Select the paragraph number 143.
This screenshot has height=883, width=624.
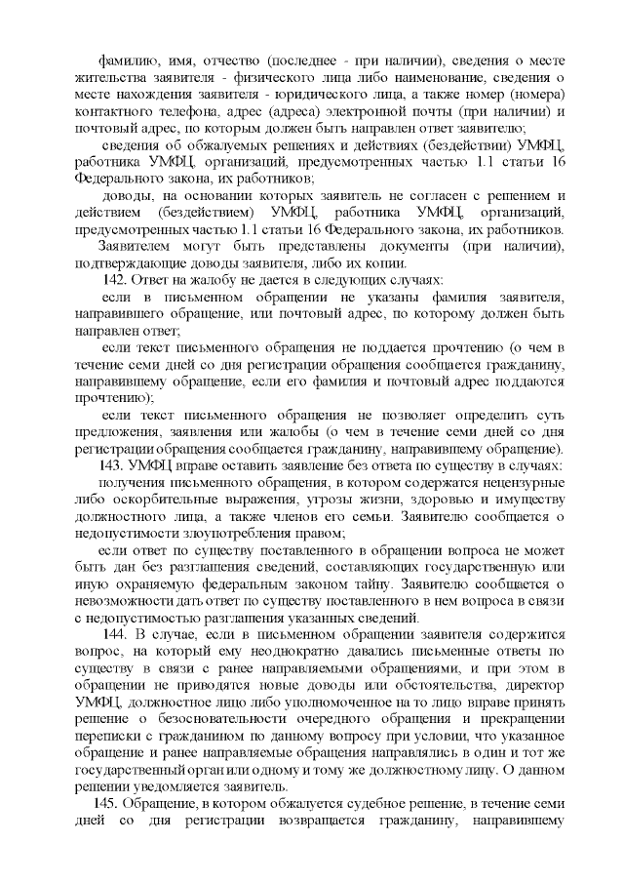pyautogui.click(x=113, y=464)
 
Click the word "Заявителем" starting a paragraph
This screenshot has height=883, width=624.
pyautogui.click(x=136, y=245)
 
